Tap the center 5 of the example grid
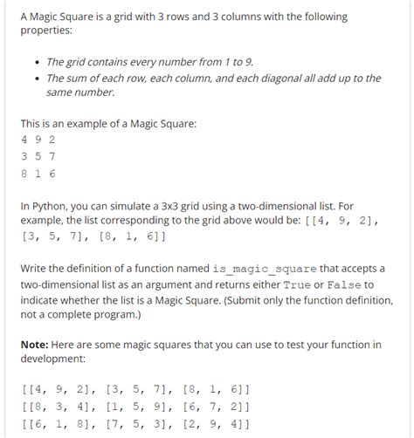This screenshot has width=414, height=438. (38, 157)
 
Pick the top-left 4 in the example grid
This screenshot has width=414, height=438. (24, 140)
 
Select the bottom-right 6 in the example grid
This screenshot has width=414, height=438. (52, 174)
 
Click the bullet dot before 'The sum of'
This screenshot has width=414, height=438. (34, 78)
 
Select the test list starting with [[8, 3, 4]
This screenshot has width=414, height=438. (135, 406)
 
